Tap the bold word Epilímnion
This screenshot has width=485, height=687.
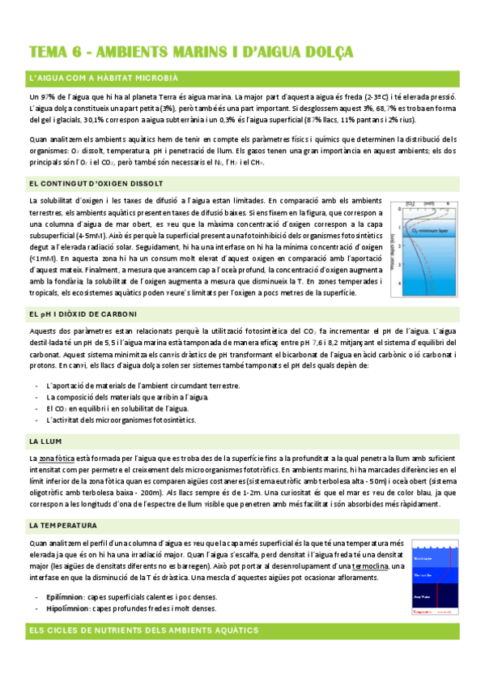(67, 597)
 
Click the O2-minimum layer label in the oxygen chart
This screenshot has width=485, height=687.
(432, 230)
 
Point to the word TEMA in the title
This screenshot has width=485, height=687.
(49, 53)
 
